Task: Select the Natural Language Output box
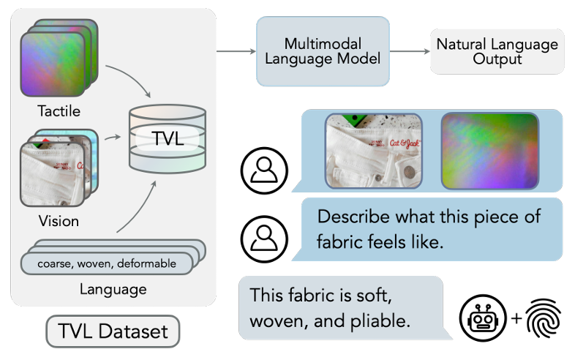[x=497, y=51]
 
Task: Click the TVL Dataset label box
[x=113, y=331]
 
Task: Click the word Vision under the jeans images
[x=59, y=220]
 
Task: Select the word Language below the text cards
[x=113, y=289]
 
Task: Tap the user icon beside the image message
[x=263, y=170]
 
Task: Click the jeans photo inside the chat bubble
[x=373, y=150]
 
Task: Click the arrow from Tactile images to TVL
[x=132, y=80]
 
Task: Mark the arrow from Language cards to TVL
[x=139, y=212]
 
